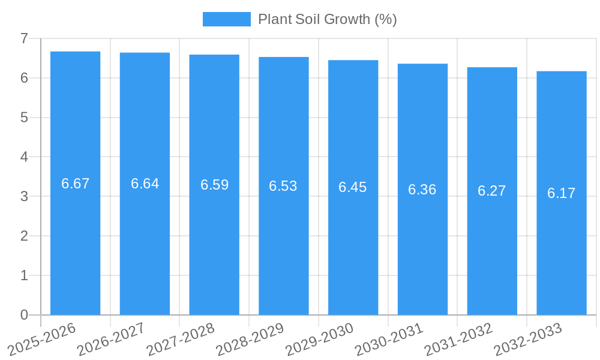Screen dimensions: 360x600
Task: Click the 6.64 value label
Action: click(145, 184)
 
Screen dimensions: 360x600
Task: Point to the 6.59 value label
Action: click(214, 185)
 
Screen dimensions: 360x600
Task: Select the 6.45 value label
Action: click(353, 187)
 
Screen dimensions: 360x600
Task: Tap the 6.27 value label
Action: click(492, 191)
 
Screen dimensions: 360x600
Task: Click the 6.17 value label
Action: click(562, 193)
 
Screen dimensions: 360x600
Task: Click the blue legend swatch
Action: click(226, 19)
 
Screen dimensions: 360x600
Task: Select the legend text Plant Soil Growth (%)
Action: click(328, 19)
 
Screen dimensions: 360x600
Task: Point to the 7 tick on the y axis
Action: click(24, 38)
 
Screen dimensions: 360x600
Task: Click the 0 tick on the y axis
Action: click(24, 315)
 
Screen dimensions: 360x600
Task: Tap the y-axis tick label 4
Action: click(24, 157)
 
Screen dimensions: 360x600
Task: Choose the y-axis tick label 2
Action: click(24, 236)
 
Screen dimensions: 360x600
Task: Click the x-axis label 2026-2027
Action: click(111, 339)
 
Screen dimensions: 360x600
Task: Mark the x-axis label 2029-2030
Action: click(319, 339)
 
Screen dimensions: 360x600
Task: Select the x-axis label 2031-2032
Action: click(458, 339)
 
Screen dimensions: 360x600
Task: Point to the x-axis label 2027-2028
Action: click(181, 339)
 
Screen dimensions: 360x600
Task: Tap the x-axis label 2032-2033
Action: click(528, 339)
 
